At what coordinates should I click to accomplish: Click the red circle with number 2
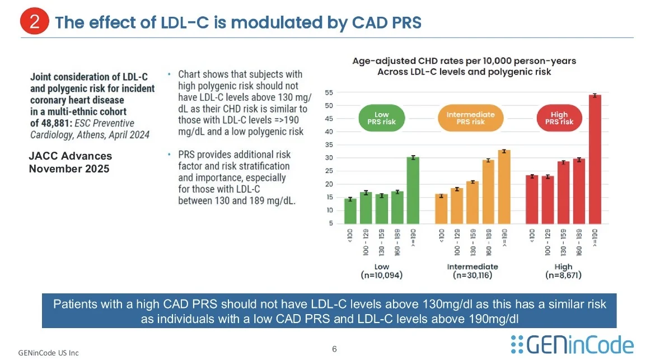click(35, 22)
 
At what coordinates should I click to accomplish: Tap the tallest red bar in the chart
click(597, 160)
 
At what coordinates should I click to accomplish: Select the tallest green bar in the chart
click(413, 190)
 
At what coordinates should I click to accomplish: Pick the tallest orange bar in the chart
click(504, 188)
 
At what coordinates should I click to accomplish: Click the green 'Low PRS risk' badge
click(381, 118)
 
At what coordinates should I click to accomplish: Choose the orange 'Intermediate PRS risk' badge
click(471, 118)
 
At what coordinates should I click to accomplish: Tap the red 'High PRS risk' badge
click(560, 118)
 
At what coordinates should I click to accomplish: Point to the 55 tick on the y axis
click(329, 92)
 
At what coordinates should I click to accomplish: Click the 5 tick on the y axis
click(331, 223)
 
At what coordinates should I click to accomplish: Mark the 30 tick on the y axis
click(329, 158)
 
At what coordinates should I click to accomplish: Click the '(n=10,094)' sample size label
click(382, 275)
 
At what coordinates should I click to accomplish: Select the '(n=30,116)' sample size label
click(472, 275)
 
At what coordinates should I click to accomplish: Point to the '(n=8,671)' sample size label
click(563, 275)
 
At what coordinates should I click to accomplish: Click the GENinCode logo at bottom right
click(572, 344)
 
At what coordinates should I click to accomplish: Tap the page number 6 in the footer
click(334, 349)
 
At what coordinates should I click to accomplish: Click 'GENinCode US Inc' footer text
click(48, 353)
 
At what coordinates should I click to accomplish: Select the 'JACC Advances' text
click(71, 156)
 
